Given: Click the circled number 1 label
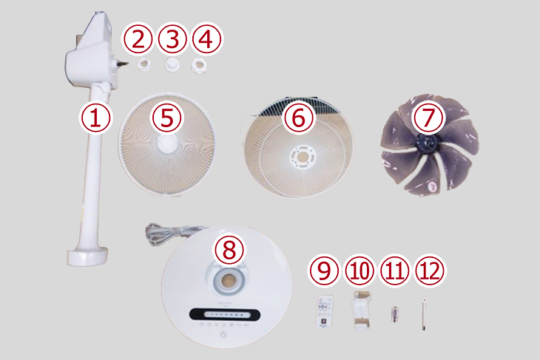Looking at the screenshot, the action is (95, 118).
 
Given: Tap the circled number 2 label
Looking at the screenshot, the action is (138, 40).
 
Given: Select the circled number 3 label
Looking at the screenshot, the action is (172, 40).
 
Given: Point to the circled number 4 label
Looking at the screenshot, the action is (206, 40).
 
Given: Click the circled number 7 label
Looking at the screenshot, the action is (428, 118).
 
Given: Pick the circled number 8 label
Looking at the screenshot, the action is (229, 249).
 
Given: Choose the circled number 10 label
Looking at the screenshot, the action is (360, 270).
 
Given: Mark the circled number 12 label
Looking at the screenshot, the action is (430, 270).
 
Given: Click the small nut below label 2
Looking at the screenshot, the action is (144, 64).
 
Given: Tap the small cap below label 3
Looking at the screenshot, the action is (172, 64).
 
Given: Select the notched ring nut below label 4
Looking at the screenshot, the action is (199, 65).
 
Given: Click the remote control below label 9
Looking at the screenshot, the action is (325, 311).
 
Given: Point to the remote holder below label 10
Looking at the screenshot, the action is (361, 310).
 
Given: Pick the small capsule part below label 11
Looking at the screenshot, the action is (395, 314).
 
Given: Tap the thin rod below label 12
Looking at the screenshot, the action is (424, 314).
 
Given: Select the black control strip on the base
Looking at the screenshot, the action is (225, 314).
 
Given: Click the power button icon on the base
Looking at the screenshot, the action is (223, 335).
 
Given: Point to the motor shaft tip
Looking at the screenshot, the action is (126, 64).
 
